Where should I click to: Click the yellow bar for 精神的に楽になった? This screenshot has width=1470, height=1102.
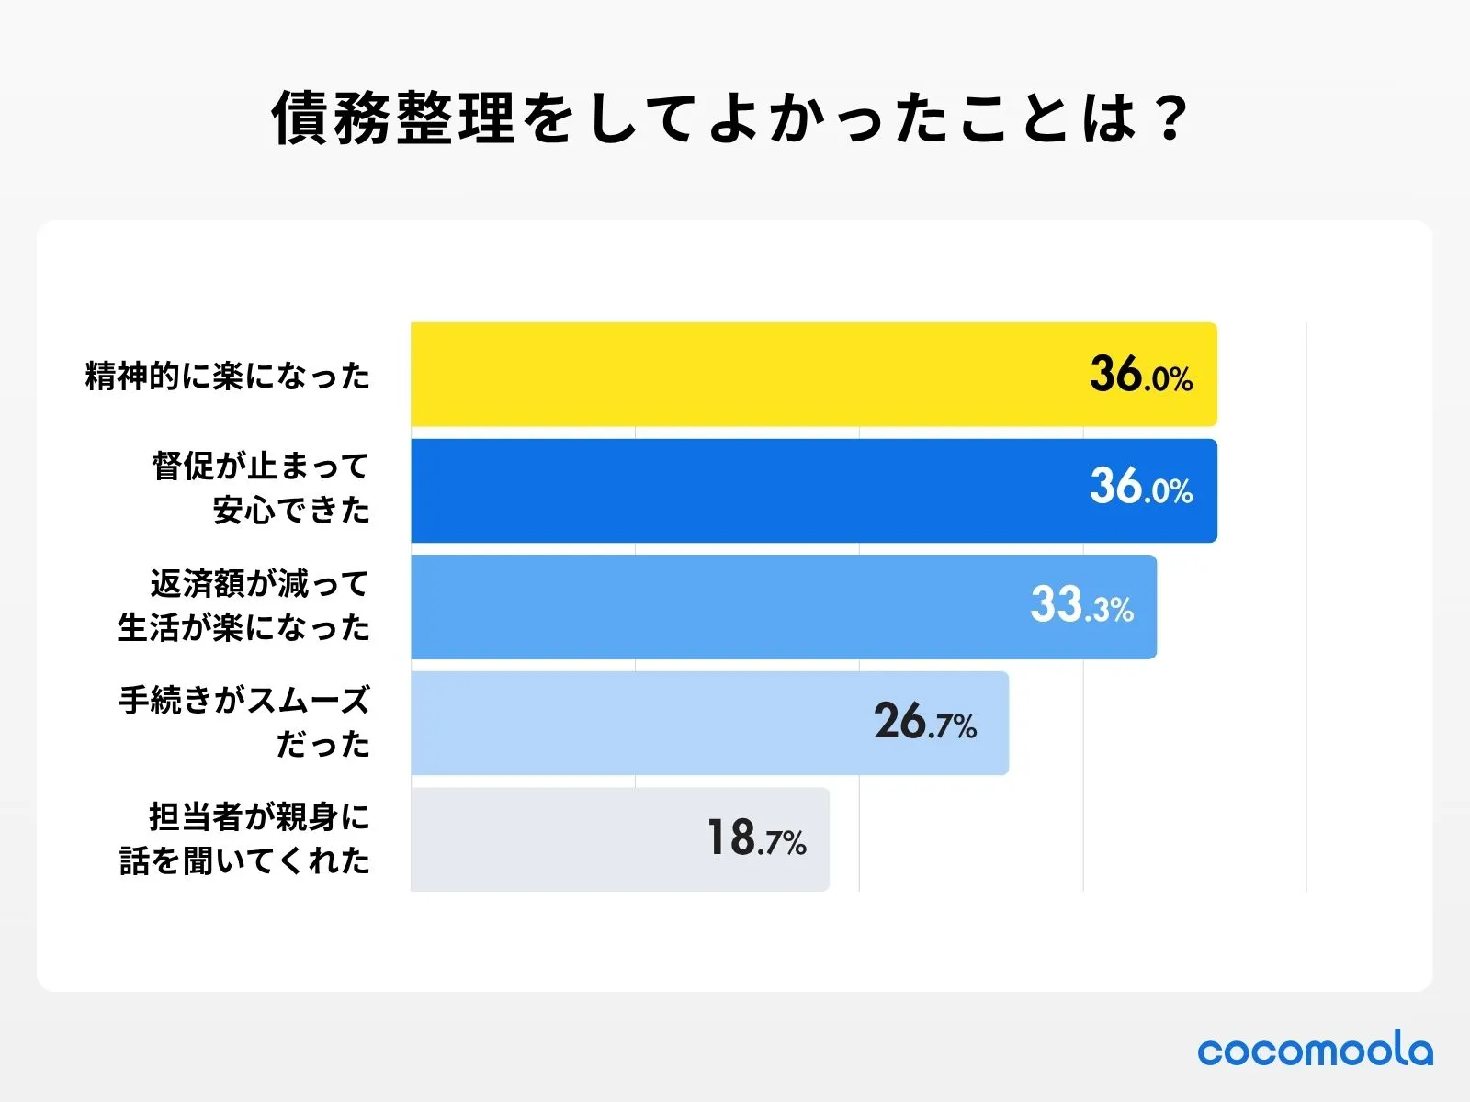point(735,375)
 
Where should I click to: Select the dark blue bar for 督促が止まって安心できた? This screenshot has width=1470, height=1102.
point(735,491)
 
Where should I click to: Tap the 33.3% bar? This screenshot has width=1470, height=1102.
point(717,607)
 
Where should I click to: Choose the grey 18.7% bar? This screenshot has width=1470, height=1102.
point(551,839)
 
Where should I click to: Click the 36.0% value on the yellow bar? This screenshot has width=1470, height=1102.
point(1141,375)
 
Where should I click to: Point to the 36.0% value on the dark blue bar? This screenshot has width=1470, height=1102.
point(1141,487)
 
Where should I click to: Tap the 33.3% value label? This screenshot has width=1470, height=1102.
point(1081,605)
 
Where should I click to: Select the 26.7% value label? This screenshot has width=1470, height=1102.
point(924,722)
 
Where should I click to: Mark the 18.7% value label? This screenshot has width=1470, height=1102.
point(756,838)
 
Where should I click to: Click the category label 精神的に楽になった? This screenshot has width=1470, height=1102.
point(227,376)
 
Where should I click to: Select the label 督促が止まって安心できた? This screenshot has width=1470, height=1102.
point(260,488)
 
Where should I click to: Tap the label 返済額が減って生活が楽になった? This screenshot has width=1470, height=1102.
point(244,605)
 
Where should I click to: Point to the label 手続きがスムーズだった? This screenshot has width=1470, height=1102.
point(244,722)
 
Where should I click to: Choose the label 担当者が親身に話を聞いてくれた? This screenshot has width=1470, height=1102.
point(244,838)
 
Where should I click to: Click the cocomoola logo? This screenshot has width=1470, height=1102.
point(1315,1050)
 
